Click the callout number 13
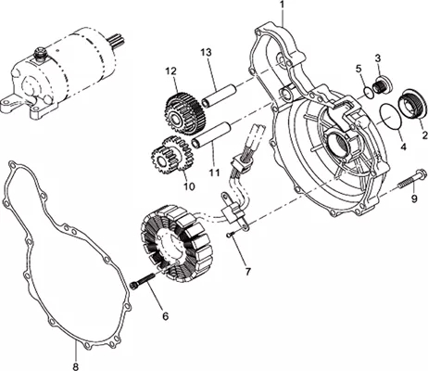pyautogui.click(x=206, y=53)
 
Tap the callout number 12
pyautogui.click(x=170, y=71)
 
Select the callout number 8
pyautogui.click(x=76, y=366)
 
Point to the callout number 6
pyautogui.click(x=166, y=316)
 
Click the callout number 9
pyautogui.click(x=414, y=198)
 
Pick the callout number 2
pyautogui.click(x=424, y=135)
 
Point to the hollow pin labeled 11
pyautogui.click(x=211, y=134)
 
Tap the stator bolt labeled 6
pyautogui.click(x=143, y=280)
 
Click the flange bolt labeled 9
pyautogui.click(x=411, y=179)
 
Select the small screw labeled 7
pyautogui.click(x=231, y=235)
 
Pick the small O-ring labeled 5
pyautogui.click(x=368, y=93)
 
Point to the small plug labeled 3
pyautogui.click(x=383, y=84)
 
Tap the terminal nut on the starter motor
pyautogui.click(x=41, y=52)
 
